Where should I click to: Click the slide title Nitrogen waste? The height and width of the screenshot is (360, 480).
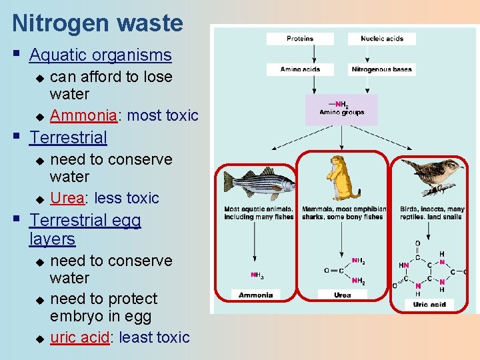pos(97,23)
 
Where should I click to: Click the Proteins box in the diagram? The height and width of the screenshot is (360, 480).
pos(300,39)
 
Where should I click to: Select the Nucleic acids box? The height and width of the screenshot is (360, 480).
pos(382,39)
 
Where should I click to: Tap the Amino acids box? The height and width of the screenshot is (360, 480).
pos(300,69)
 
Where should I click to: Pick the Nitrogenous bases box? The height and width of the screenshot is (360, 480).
pos(382,69)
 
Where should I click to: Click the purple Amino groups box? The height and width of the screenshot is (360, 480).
pos(341,109)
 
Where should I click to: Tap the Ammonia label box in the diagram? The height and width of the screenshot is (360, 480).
pos(256,295)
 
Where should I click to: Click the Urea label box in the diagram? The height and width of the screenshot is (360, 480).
pos(342,295)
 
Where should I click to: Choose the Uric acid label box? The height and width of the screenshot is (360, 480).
pos(429,304)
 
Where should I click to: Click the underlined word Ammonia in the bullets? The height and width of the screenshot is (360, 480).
pos(83,115)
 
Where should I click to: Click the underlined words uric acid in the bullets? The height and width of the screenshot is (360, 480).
pos(79,337)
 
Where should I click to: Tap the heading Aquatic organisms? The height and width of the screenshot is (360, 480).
pos(101,55)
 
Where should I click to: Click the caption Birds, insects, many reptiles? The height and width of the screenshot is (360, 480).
pos(432,213)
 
